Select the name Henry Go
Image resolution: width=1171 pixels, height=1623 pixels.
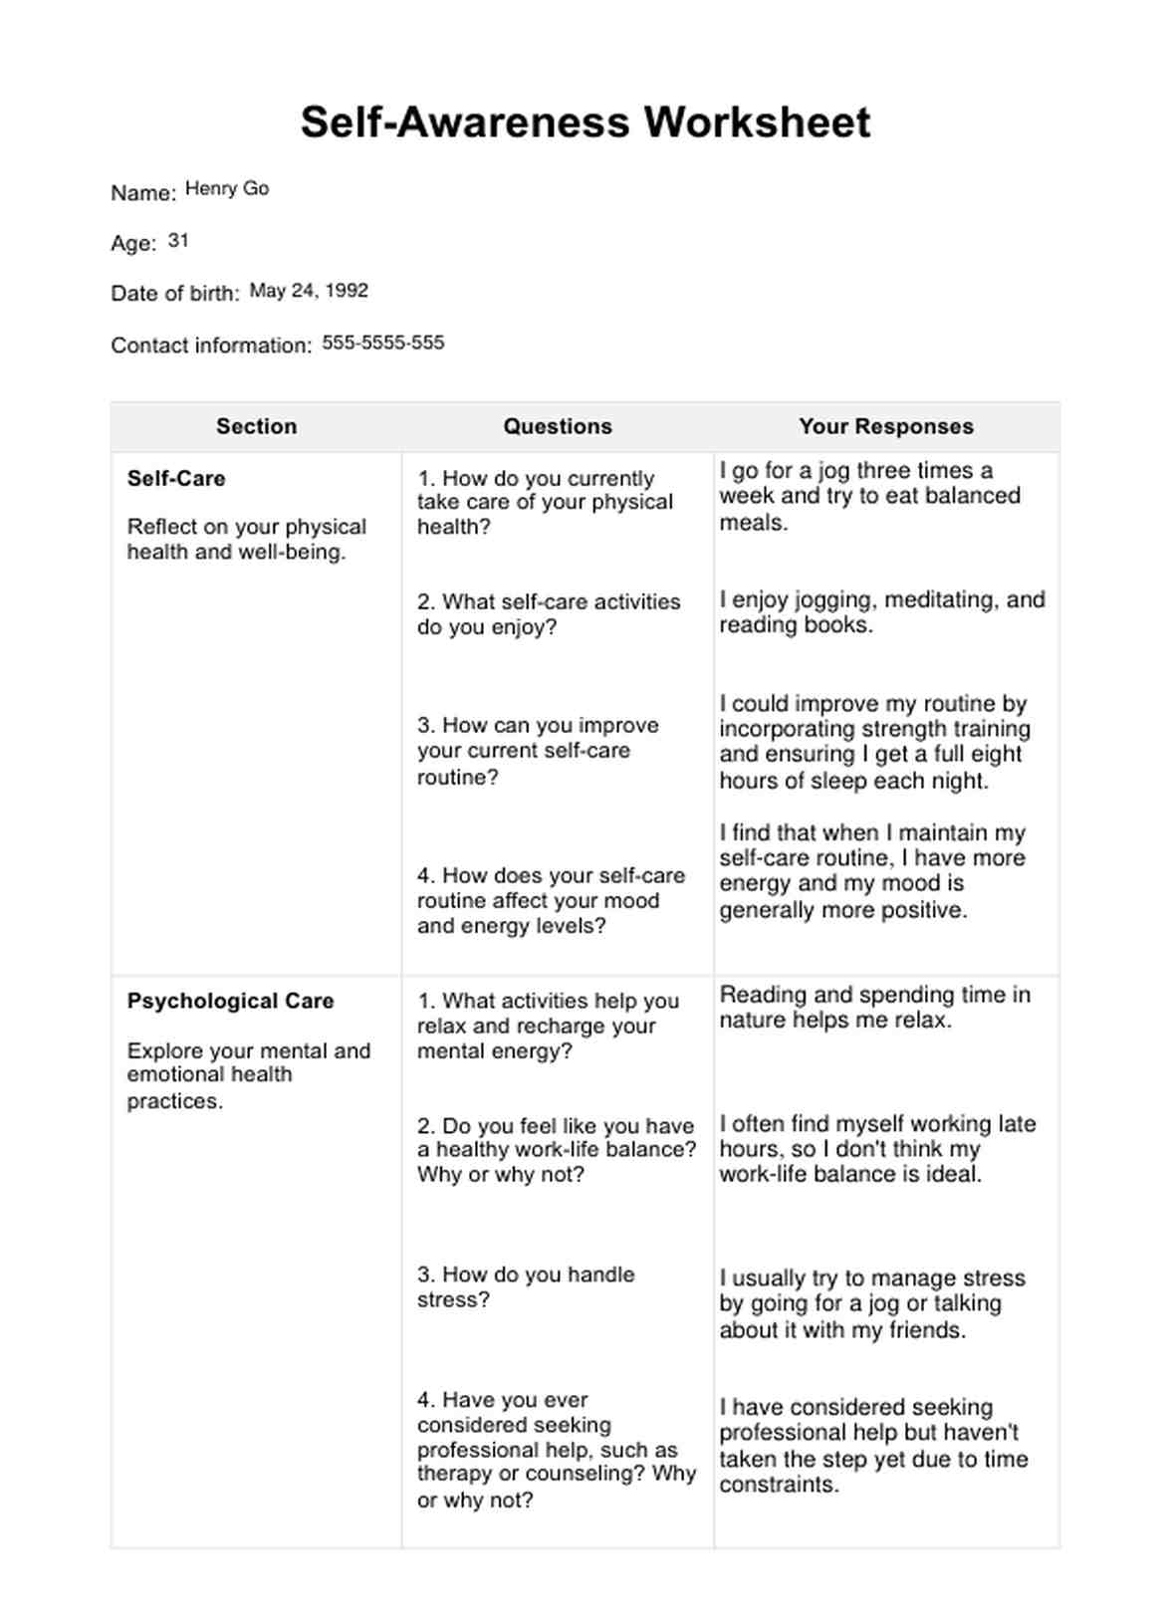pos(227,188)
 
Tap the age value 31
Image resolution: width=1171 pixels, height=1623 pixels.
pos(178,240)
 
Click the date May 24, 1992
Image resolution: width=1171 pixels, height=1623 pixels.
pos(309,291)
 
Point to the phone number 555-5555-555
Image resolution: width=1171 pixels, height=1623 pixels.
pos(383,343)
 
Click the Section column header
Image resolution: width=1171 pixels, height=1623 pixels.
pos(257,426)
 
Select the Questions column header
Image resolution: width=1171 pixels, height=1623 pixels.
pos(558,426)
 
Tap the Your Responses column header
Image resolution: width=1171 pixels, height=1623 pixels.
pos(886,426)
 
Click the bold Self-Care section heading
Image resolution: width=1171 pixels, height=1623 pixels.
pos(176,478)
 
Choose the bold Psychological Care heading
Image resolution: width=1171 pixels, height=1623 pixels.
pos(230,1001)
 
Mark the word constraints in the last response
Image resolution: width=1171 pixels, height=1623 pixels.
pos(779,1485)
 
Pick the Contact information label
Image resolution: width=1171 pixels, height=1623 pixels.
pos(211,346)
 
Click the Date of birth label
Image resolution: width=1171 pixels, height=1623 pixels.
pos(175,294)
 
